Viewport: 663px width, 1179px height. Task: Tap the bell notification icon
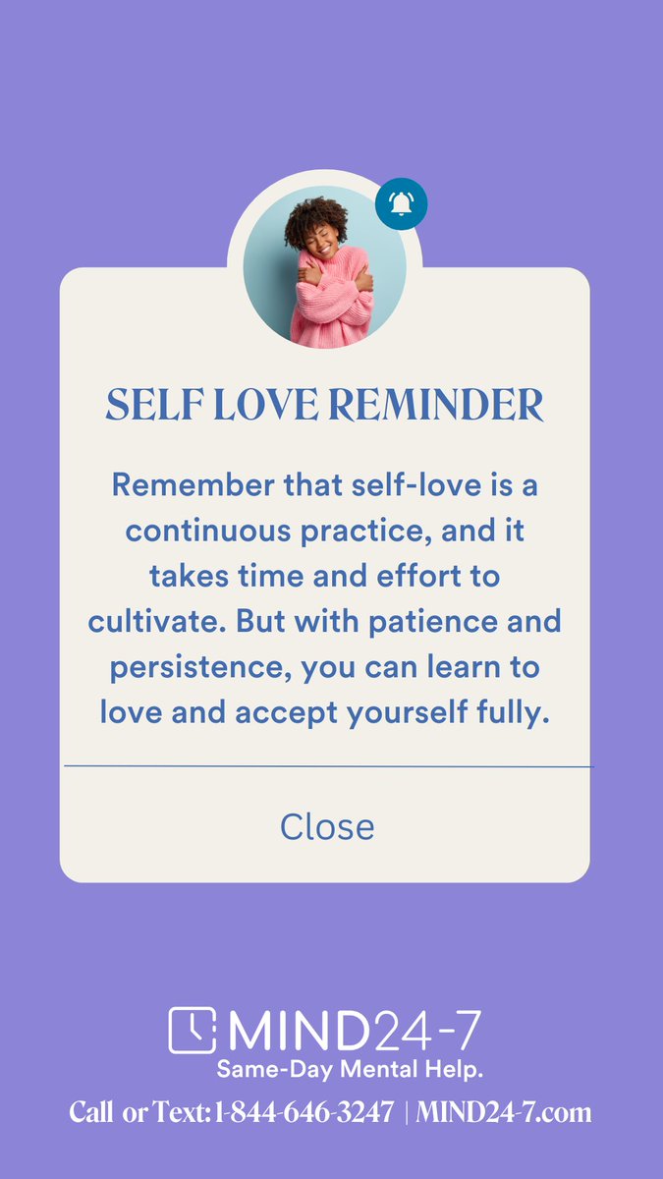tap(401, 203)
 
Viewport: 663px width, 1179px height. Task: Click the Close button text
tap(327, 826)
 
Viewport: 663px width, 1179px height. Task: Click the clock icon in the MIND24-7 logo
tap(193, 1031)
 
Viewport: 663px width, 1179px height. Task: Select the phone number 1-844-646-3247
tap(304, 1113)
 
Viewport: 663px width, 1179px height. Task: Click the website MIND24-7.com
tap(504, 1113)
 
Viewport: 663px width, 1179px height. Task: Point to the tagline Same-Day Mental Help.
tap(350, 1068)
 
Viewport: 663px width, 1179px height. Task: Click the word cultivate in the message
tap(144, 622)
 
